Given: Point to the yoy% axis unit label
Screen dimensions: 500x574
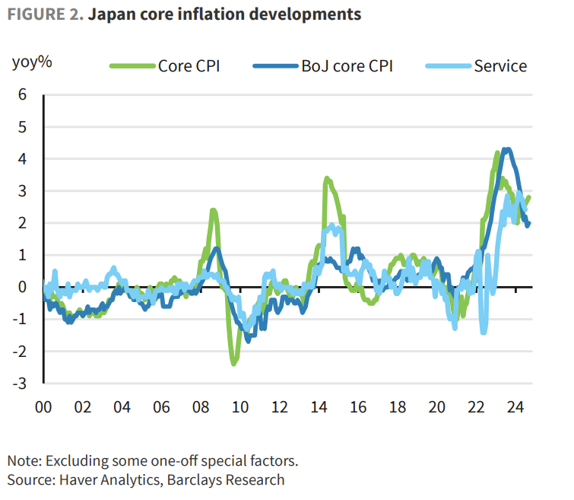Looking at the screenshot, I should tap(32, 62).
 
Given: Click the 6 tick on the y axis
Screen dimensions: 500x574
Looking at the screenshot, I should tap(23, 95).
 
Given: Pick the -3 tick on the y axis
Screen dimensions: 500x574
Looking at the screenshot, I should tap(21, 383).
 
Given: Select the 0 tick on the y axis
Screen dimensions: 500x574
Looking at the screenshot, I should tap(23, 287).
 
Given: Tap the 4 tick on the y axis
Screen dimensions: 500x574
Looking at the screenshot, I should tap(23, 159).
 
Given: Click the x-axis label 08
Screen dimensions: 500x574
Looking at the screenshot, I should tap(201, 406).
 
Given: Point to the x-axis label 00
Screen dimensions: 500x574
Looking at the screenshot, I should tap(43, 406).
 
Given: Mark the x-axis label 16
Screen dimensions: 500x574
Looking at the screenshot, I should tap(358, 406).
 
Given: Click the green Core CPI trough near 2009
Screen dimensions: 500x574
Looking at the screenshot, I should tap(233, 363).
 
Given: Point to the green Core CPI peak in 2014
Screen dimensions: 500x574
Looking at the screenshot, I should tap(326, 179).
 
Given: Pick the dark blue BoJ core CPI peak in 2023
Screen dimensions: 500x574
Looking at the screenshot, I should tap(507, 149).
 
